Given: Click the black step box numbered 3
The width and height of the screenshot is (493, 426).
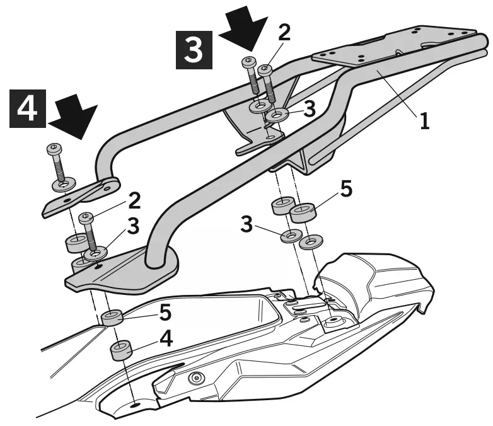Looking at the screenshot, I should [x=194, y=47].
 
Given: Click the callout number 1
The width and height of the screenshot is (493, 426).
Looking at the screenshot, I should [x=425, y=120].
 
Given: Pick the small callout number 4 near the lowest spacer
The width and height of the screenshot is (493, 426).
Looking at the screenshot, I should [x=165, y=338].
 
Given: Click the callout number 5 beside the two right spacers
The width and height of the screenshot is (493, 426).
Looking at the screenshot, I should [x=346, y=190].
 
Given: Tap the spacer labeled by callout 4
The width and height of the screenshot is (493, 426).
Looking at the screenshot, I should [x=120, y=350].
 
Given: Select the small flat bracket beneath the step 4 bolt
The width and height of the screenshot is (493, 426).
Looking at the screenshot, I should [x=82, y=196].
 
